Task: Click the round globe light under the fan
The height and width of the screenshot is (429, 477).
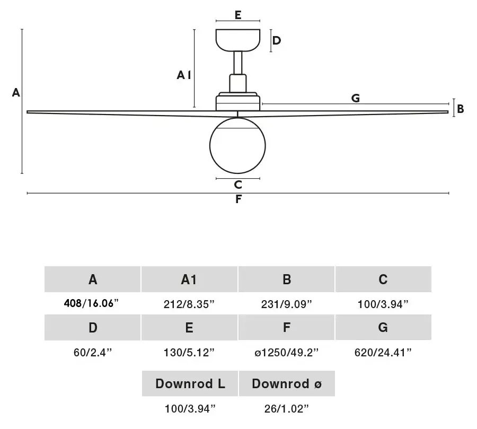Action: [x=237, y=145]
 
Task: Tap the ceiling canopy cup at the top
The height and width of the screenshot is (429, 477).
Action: [x=238, y=40]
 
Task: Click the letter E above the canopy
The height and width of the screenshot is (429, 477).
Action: [x=238, y=15]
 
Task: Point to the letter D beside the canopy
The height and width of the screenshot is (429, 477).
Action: [x=276, y=40]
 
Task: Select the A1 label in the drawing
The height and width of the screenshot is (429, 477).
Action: [x=184, y=75]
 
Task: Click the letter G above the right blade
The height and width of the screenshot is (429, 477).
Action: [x=355, y=98]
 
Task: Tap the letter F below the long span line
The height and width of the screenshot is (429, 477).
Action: [x=238, y=199]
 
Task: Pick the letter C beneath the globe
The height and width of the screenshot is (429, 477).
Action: [x=238, y=185]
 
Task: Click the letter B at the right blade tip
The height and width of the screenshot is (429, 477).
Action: [x=460, y=109]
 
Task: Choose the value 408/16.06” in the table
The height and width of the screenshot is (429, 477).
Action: [x=91, y=303]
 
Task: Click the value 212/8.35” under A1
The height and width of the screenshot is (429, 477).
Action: [x=189, y=304]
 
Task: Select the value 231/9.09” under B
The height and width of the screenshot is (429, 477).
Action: [x=286, y=304]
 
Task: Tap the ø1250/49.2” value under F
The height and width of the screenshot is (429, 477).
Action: [x=286, y=353]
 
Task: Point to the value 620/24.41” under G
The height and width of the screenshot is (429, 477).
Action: [x=383, y=353]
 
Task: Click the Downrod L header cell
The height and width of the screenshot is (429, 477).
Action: [x=190, y=383]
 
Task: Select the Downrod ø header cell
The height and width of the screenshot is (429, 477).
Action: [x=287, y=383]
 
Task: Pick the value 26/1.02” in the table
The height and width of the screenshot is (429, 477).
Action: [x=286, y=409]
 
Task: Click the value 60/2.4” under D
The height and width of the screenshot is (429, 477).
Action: [x=92, y=353]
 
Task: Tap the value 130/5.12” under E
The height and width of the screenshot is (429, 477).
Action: [x=189, y=353]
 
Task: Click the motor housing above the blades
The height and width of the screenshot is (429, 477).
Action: [x=238, y=102]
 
